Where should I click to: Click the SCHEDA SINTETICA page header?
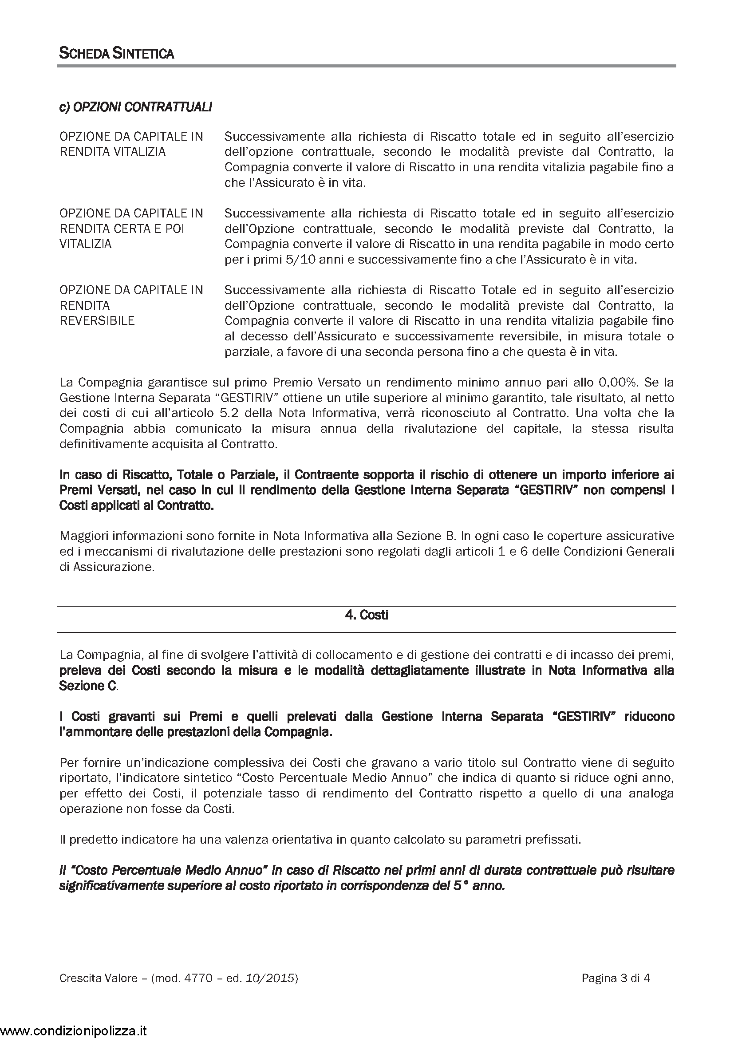(117, 54)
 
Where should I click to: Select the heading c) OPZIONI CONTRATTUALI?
(136, 107)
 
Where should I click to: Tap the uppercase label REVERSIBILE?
(97, 321)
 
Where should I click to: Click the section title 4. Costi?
(367, 615)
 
